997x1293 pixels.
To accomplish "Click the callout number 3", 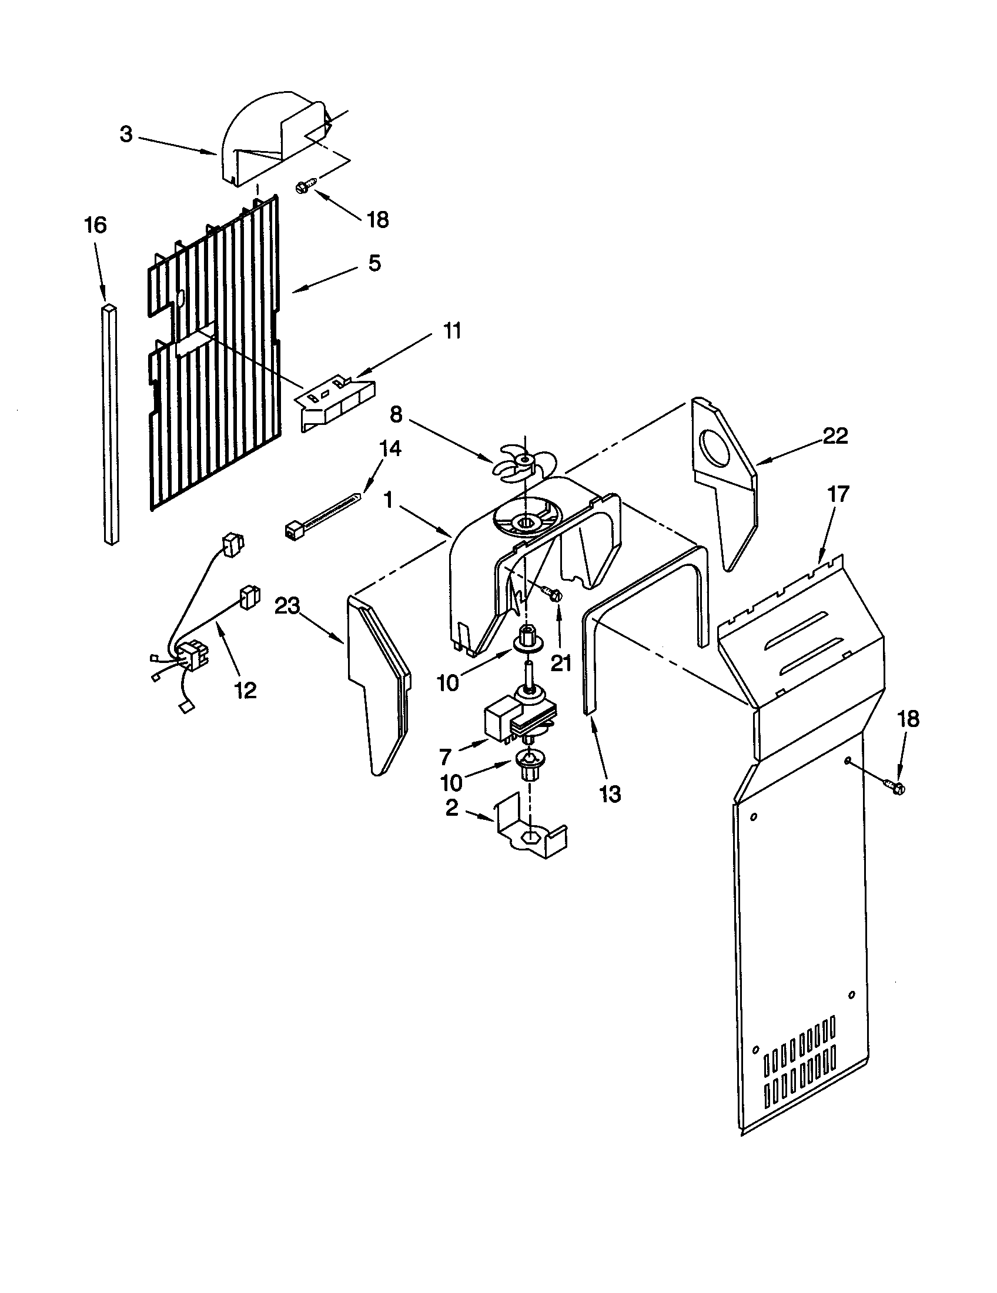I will tap(126, 135).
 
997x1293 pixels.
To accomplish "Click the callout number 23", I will tap(287, 607).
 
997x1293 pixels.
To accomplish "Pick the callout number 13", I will tap(609, 794).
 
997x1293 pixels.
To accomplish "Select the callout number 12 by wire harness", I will tap(246, 690).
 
